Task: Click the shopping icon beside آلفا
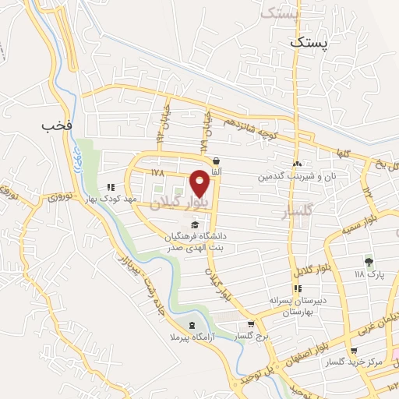(226, 161)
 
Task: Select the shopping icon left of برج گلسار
(250, 324)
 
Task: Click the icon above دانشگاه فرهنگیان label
(183, 225)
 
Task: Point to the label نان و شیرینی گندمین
(298, 177)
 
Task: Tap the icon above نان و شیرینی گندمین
(297, 164)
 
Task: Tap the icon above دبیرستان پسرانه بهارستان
(296, 290)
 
